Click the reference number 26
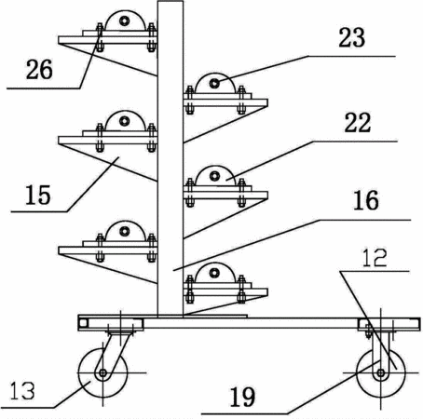click(39, 70)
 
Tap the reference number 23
click(352, 38)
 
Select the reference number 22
click(358, 123)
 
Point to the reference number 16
click(366, 200)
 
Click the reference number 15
click(38, 195)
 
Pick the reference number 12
click(375, 257)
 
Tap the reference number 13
click(22, 391)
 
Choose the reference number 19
click(242, 398)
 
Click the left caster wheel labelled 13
click(102, 372)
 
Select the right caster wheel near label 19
click(381, 372)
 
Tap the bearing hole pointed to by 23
click(214, 83)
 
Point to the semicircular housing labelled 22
click(214, 177)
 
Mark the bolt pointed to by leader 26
click(100, 37)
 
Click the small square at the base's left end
click(83, 323)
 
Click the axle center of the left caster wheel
click(102, 372)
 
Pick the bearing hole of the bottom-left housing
click(125, 231)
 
